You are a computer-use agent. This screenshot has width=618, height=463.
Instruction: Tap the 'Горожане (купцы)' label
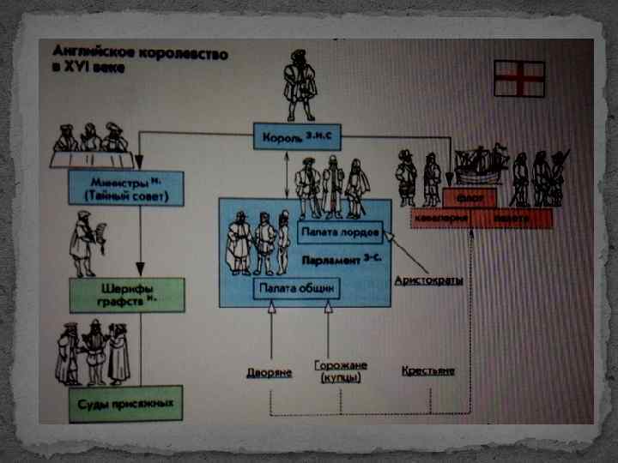341,370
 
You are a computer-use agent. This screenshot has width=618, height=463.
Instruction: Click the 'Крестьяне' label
428,371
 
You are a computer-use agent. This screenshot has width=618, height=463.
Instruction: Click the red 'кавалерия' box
441,219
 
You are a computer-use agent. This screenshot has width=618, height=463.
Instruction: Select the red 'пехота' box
512,219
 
